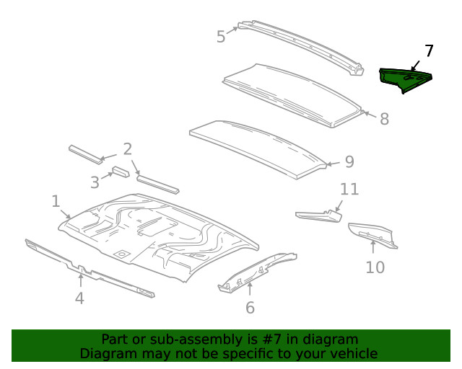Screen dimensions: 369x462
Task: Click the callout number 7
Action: click(429, 51)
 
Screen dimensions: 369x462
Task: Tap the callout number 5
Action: click(221, 36)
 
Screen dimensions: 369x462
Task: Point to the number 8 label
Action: click(384, 119)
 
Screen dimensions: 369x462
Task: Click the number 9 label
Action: click(349, 161)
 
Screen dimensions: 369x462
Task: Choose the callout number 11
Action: click(349, 190)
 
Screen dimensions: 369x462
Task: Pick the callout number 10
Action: click(375, 267)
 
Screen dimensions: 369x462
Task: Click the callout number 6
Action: click(250, 308)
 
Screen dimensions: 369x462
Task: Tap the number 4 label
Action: click(80, 297)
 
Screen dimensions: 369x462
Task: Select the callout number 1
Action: click(56, 201)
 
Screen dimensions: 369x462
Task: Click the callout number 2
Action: click(127, 149)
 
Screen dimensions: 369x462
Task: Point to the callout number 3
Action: click(95, 182)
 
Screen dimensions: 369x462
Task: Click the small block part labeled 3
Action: click(120, 172)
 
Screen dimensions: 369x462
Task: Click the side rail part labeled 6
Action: click(256, 272)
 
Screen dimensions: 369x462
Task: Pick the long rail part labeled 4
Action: click(87, 269)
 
